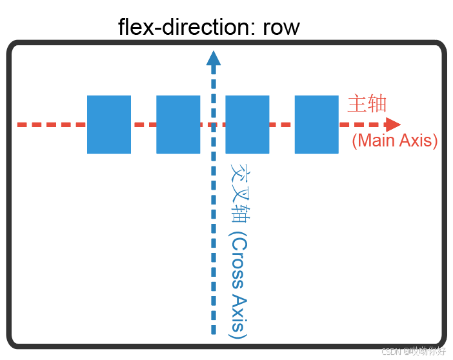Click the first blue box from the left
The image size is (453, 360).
[109, 125]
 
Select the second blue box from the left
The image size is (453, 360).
[178, 125]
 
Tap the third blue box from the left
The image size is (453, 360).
[247, 125]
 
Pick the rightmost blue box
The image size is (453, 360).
[316, 125]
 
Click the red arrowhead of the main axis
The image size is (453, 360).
[393, 125]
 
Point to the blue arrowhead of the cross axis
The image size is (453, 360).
[213, 58]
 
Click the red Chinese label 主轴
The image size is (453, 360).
[367, 104]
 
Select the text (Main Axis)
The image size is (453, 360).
[394, 141]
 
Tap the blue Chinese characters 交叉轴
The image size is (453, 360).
[239, 192]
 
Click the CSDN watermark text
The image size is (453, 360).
[414, 352]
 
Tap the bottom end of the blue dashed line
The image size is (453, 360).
[213, 332]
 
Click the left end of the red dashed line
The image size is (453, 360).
[21, 125]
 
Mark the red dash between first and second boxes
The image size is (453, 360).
[143, 125]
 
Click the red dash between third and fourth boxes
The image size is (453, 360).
[282, 125]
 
